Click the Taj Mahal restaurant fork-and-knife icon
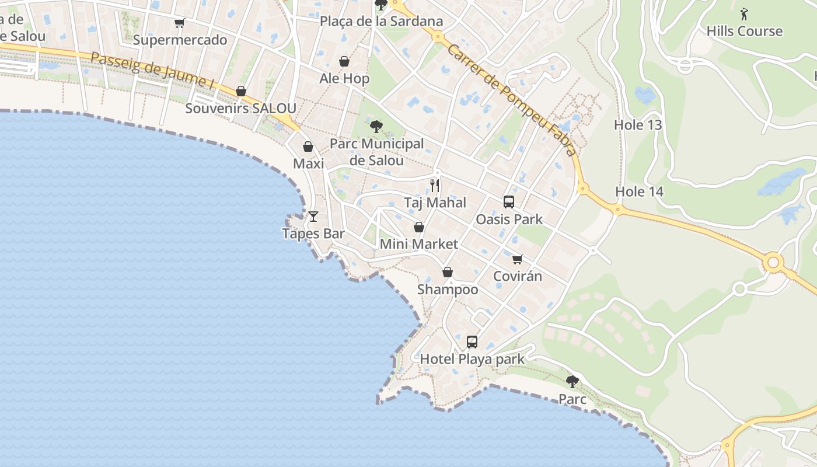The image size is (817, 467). pyautogui.click(x=435, y=186)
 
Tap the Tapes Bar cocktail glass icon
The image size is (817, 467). pyautogui.click(x=313, y=217)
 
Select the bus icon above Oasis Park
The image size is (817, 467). pyautogui.click(x=509, y=202)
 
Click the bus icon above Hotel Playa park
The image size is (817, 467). pyautogui.click(x=472, y=341)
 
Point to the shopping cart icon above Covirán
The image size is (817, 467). pyautogui.click(x=517, y=259)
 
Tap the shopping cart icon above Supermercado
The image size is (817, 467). pyautogui.click(x=180, y=23)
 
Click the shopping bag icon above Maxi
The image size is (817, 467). pyautogui.click(x=308, y=147)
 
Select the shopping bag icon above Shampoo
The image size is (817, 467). pyautogui.click(x=448, y=272)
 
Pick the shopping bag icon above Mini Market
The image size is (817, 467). pyautogui.click(x=419, y=227)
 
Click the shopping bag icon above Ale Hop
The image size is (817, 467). pyautogui.click(x=344, y=61)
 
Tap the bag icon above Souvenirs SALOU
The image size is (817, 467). pyautogui.click(x=241, y=92)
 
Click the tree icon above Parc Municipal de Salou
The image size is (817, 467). pyautogui.click(x=376, y=126)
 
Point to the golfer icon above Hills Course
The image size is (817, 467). pyautogui.click(x=744, y=14)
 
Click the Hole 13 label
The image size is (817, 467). pyautogui.click(x=638, y=125)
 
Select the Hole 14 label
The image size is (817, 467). pyautogui.click(x=640, y=191)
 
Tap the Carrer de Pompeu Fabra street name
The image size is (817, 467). pyautogui.click(x=512, y=100)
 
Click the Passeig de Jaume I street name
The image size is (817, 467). pyautogui.click(x=153, y=71)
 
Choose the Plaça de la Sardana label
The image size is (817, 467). pyautogui.click(x=382, y=22)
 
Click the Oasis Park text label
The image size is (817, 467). pyautogui.click(x=509, y=219)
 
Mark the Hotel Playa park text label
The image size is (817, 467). pyautogui.click(x=473, y=359)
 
